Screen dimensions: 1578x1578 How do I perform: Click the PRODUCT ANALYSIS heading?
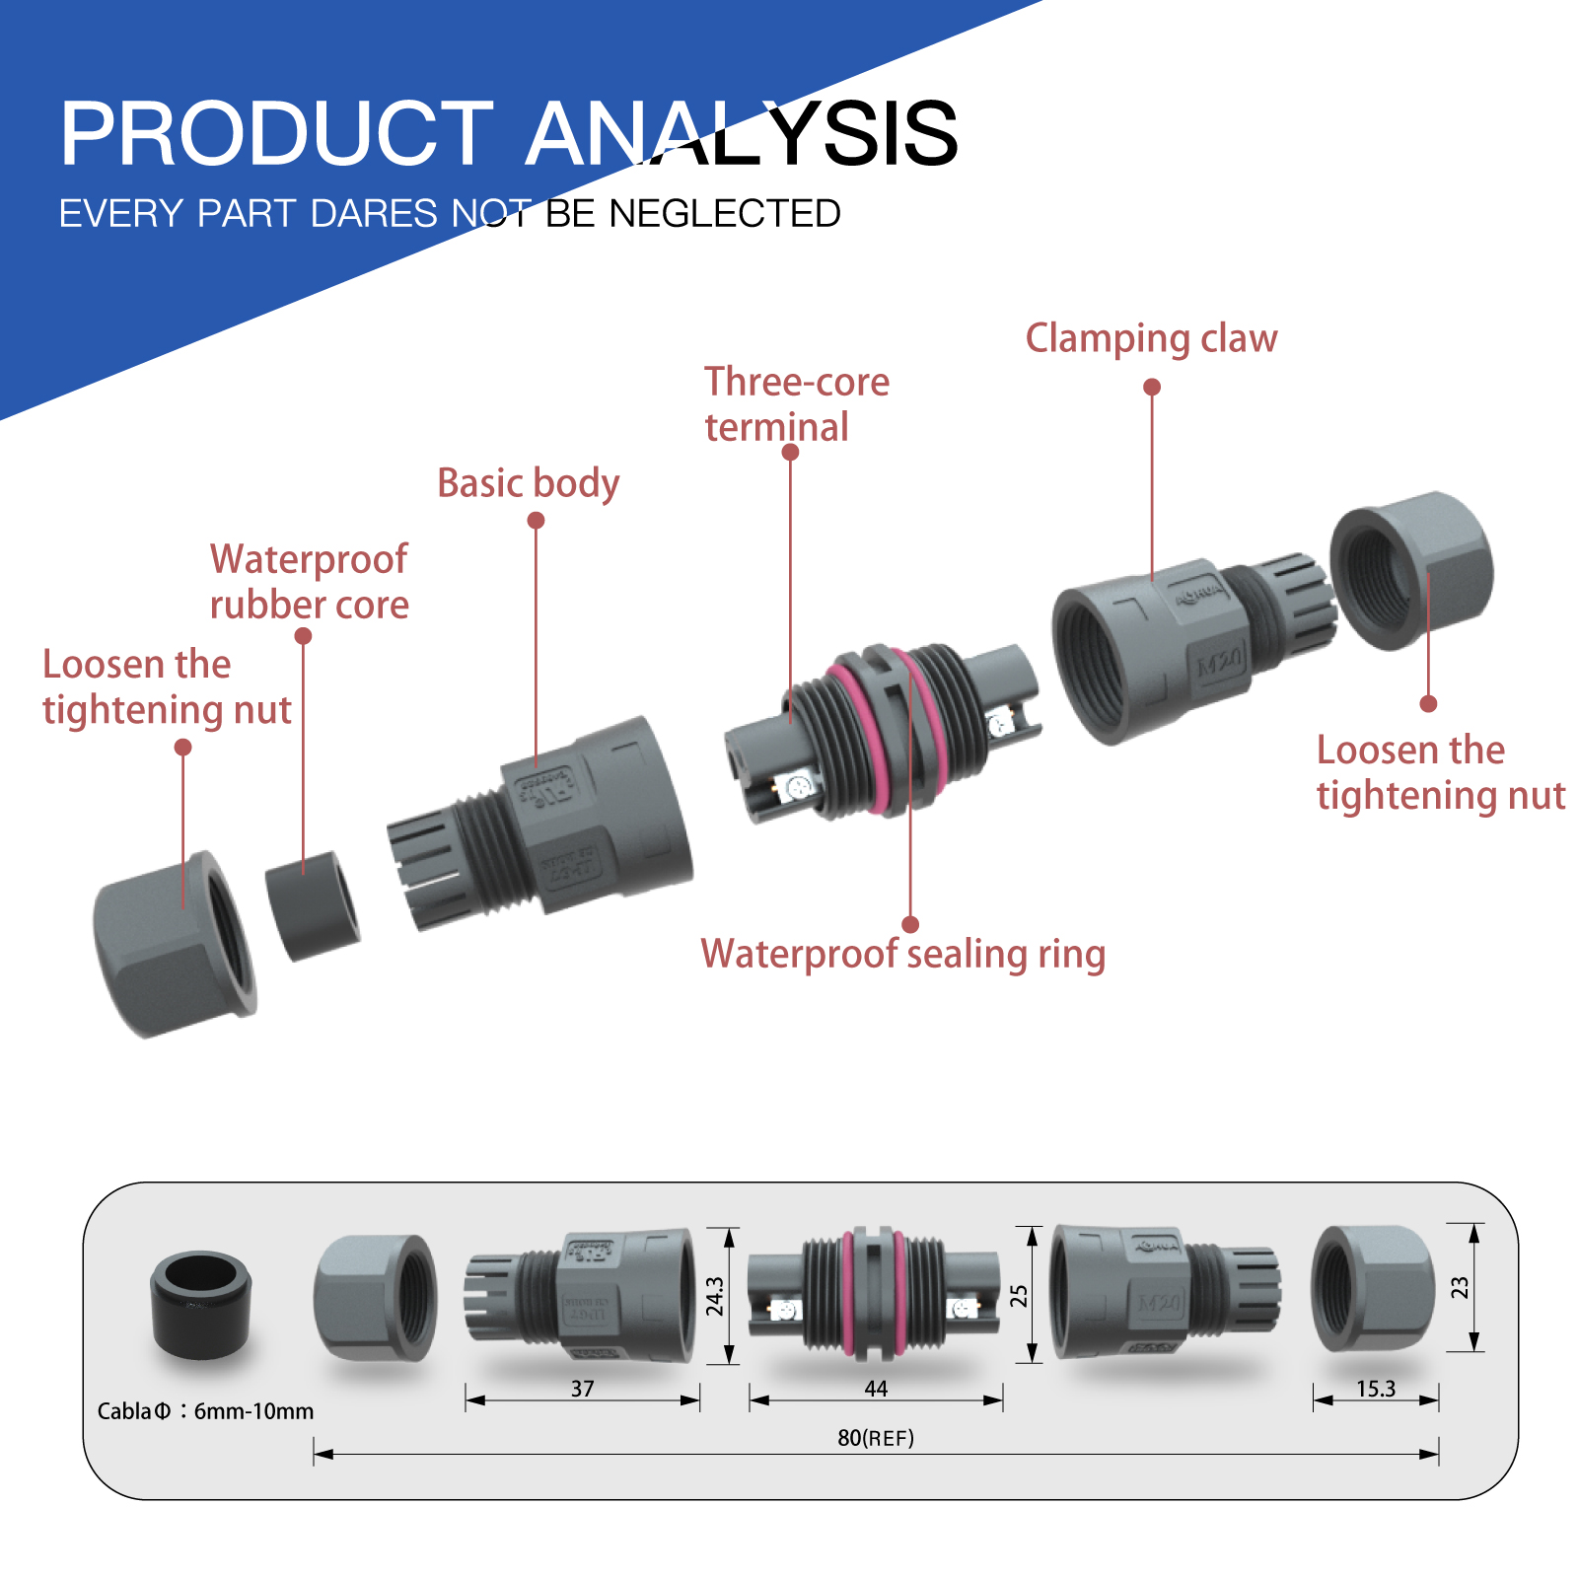[x=508, y=133]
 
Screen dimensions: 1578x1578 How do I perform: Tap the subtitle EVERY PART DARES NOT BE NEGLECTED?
[x=450, y=213]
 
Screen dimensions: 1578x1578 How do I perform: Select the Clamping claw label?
[x=1151, y=338]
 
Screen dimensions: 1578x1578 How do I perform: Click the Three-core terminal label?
[x=796, y=404]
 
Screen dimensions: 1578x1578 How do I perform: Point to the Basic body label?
[x=529, y=483]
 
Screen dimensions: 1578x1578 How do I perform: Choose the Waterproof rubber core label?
[x=309, y=582]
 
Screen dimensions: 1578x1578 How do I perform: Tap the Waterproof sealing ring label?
[x=902, y=954]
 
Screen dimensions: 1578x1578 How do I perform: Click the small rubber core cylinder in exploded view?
[x=313, y=906]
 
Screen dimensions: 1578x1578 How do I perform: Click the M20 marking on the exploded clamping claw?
[x=1220, y=662]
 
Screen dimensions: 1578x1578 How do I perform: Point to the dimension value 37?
[x=582, y=1389]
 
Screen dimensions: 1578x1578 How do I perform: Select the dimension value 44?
[x=876, y=1389]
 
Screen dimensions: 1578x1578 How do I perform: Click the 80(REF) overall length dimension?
[x=876, y=1438]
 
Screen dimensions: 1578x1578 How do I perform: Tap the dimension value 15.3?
[x=1376, y=1389]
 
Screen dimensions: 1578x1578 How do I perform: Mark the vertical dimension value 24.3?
[x=715, y=1296]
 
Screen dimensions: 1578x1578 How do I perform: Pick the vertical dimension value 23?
[x=1460, y=1287]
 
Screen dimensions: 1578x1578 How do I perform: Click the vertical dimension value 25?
[x=1019, y=1295]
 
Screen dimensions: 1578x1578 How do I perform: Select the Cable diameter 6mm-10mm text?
[x=205, y=1411]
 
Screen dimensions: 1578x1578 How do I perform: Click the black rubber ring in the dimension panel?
[x=201, y=1304]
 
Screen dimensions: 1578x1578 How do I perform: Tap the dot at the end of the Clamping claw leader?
[x=1152, y=387]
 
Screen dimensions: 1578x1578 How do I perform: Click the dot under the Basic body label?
[x=536, y=520]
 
